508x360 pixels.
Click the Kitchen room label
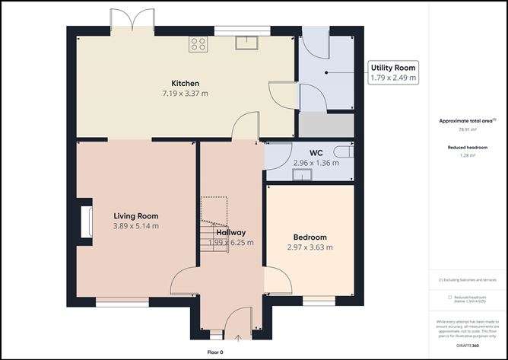tap(185, 83)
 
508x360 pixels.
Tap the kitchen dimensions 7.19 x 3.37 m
tap(185, 94)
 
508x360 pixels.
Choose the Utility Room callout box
tap(392, 72)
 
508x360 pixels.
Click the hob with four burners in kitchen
tap(199, 43)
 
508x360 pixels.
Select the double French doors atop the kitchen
tap(134, 21)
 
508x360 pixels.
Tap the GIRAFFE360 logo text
tap(466, 345)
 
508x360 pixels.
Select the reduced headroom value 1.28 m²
tap(467, 155)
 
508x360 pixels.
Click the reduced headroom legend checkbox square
tap(449, 297)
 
